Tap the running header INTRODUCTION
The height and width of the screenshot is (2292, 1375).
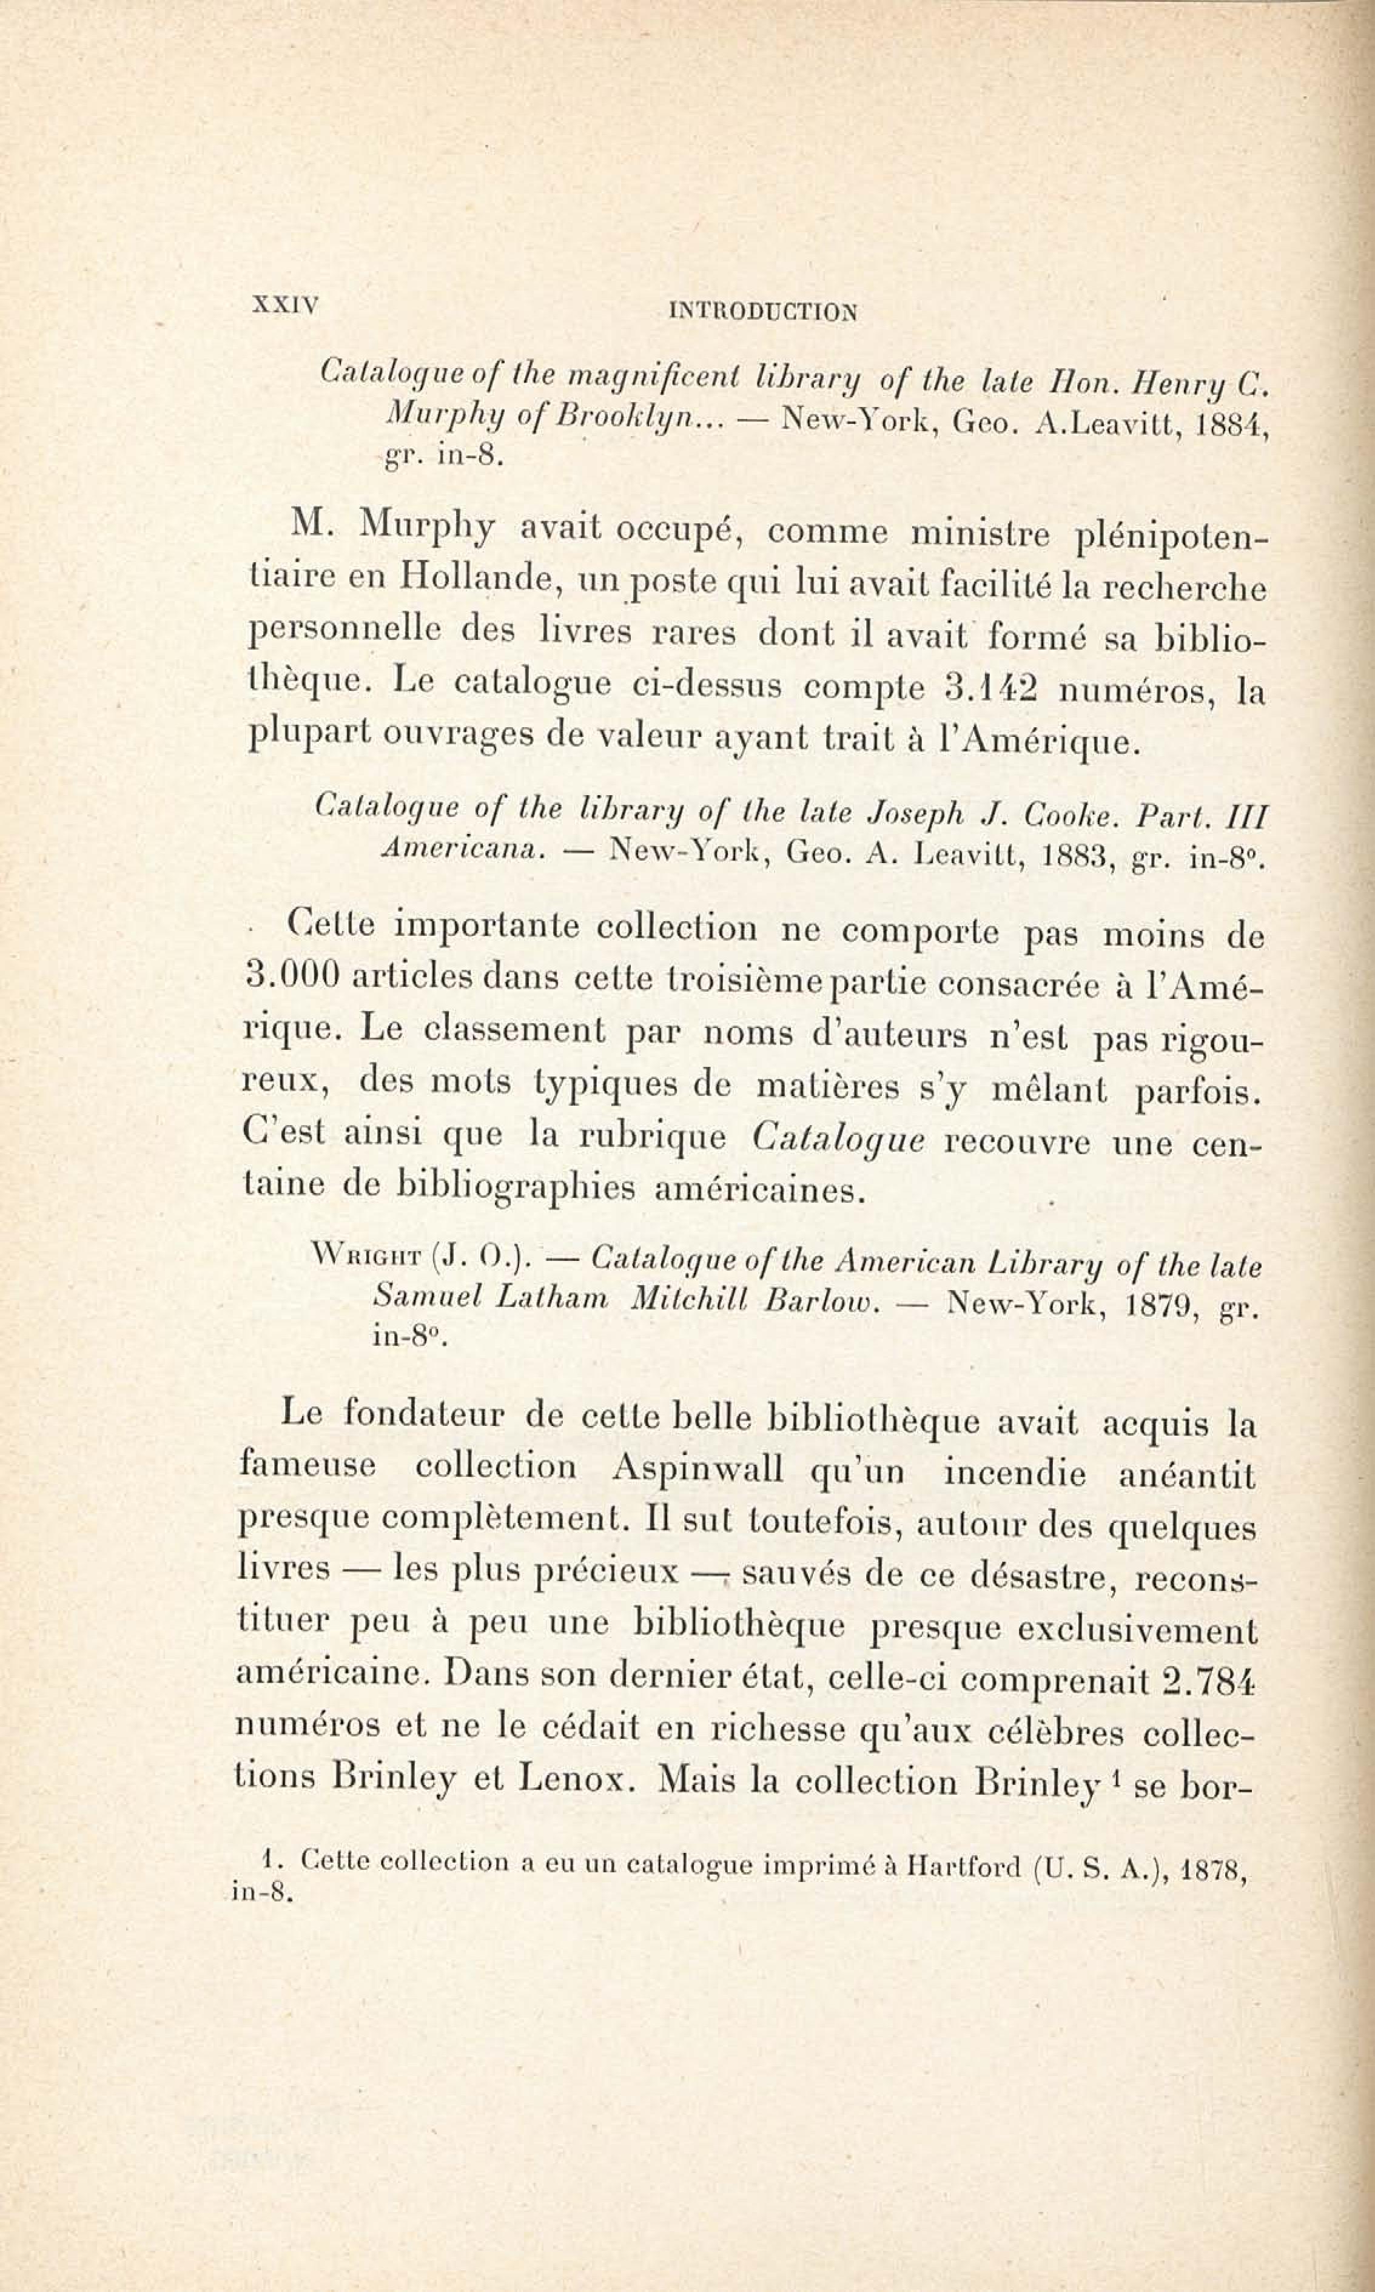click(x=762, y=312)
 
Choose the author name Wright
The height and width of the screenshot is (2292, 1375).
click(x=366, y=1260)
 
